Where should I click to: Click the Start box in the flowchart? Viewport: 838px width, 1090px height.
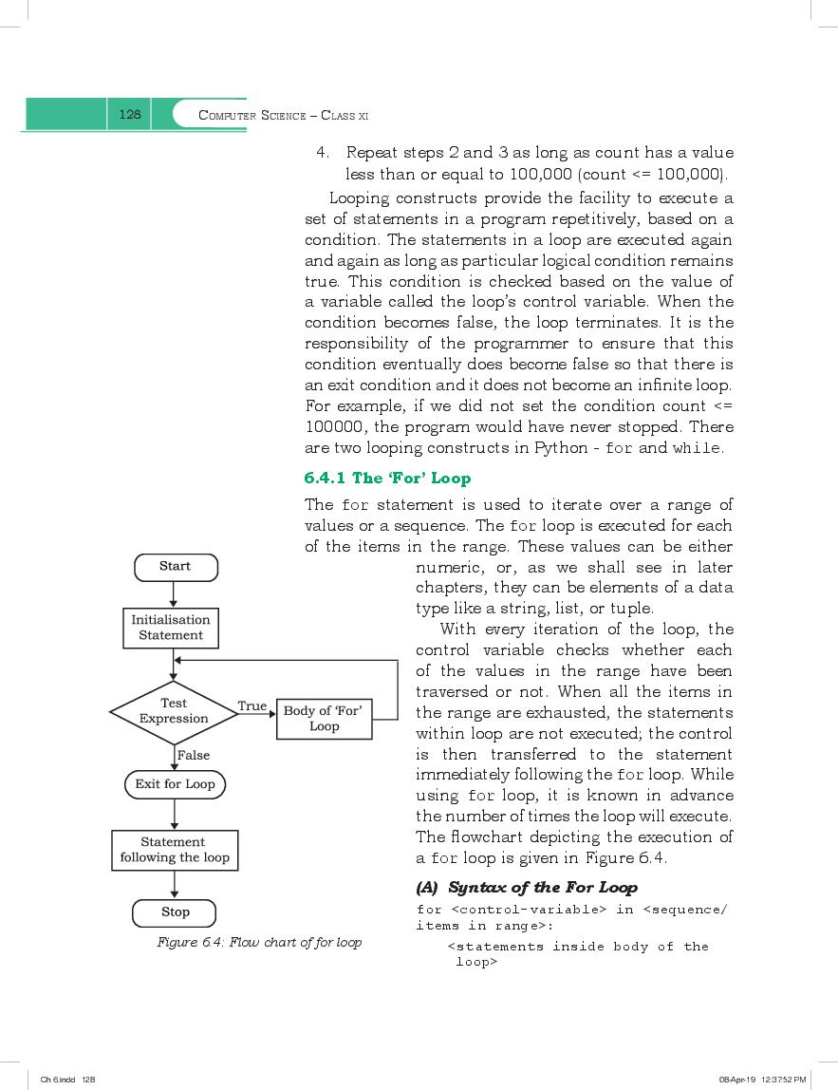[x=176, y=567]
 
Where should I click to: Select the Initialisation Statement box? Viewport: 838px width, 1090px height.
[x=171, y=629]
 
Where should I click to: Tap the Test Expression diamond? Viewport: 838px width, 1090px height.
[x=174, y=711]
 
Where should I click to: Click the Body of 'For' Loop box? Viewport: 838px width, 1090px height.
[x=324, y=719]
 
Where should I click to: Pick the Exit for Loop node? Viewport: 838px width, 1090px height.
[x=175, y=784]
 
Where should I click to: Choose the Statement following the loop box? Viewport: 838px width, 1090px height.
[x=175, y=850]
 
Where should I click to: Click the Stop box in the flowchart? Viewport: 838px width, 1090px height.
[x=176, y=912]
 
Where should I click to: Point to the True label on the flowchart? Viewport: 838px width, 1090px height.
[x=251, y=705]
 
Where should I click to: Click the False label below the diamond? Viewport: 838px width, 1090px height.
[x=194, y=755]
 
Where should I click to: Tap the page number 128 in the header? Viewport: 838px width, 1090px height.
[x=130, y=115]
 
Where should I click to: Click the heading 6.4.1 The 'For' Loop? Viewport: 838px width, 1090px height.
[x=387, y=478]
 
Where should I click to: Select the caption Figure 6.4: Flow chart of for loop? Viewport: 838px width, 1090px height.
[x=259, y=943]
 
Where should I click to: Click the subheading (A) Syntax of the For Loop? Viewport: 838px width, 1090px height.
[x=527, y=888]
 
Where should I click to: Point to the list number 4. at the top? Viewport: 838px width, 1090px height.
[x=323, y=153]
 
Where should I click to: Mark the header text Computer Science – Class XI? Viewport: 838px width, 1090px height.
[x=283, y=116]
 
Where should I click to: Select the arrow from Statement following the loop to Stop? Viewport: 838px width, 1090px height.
[x=175, y=885]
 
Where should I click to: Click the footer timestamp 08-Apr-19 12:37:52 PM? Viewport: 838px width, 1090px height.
[x=762, y=1080]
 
